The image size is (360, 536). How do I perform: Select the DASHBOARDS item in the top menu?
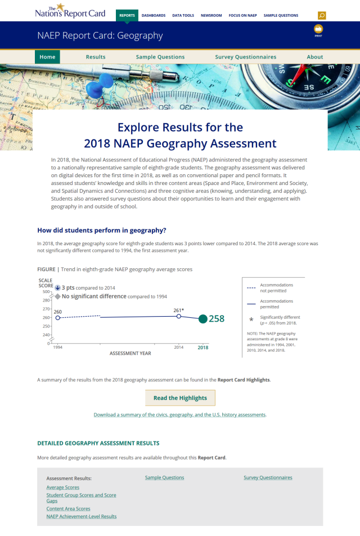[154, 16]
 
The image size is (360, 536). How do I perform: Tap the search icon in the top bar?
[322, 16]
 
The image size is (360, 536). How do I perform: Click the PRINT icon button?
[318, 29]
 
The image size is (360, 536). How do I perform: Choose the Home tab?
[47, 57]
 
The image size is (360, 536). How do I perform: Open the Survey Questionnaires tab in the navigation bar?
[245, 57]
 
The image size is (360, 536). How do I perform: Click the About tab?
[315, 57]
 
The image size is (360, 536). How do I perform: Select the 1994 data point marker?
[57, 318]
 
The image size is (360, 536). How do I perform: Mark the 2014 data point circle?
[179, 316]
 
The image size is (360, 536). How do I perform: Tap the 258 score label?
[217, 319]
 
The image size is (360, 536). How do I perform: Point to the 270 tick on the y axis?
[46, 309]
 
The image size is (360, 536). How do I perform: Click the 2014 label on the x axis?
[179, 348]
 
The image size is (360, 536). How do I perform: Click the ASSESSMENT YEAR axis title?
[130, 353]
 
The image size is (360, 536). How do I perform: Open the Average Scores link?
[63, 487]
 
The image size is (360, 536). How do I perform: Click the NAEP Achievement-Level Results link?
[82, 516]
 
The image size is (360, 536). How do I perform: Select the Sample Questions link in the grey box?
[164, 478]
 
